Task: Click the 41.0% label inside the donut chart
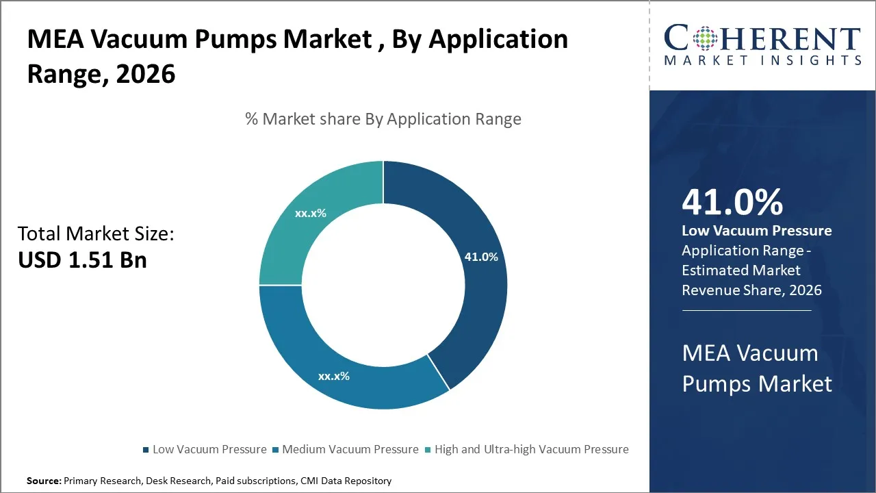click(481, 257)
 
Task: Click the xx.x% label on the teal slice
click(311, 213)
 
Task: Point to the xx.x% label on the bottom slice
click(333, 376)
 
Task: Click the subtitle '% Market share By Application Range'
click(383, 119)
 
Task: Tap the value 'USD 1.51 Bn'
click(82, 260)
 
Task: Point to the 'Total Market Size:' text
click(96, 234)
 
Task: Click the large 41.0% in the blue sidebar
click(732, 202)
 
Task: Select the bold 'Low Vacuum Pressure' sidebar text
click(756, 231)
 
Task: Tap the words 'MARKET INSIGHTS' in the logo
click(762, 61)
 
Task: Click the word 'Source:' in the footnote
click(44, 481)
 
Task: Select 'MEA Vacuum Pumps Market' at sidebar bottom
click(756, 368)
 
